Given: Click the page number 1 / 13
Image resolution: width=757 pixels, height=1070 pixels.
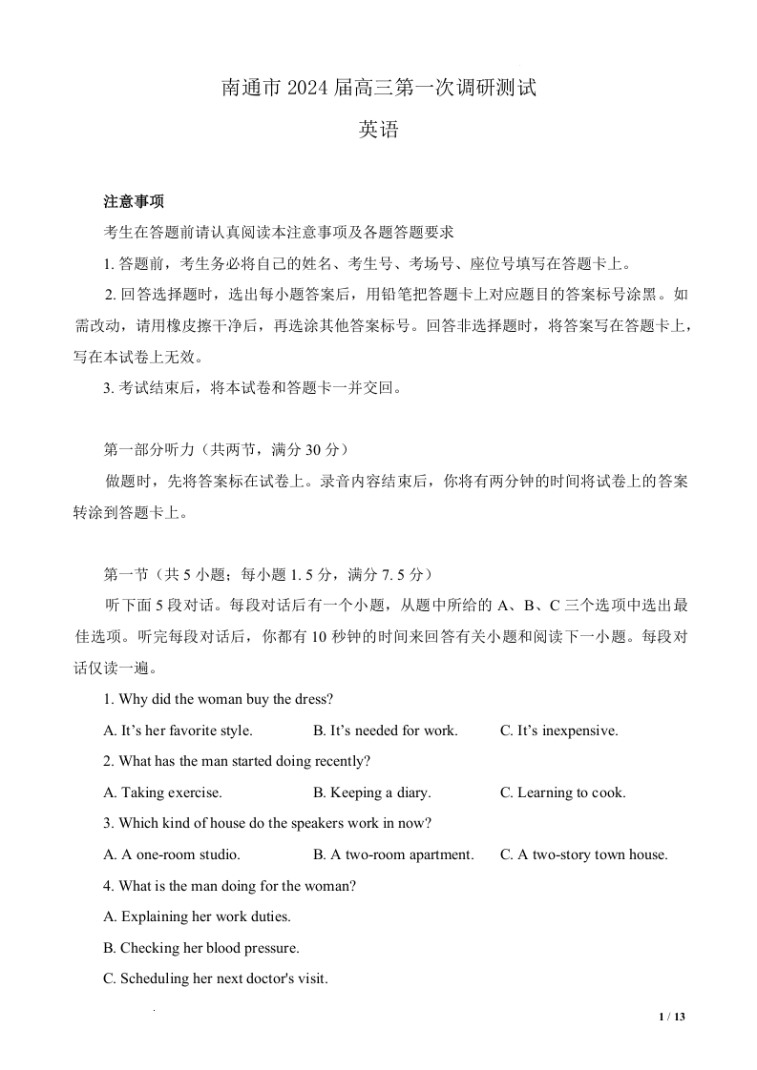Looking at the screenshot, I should [672, 1017].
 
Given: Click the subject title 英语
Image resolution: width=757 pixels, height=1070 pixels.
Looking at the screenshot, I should [378, 131].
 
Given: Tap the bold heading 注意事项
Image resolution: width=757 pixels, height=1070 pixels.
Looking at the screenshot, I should [134, 201].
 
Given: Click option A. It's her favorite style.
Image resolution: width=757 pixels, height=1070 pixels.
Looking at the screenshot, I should [178, 730].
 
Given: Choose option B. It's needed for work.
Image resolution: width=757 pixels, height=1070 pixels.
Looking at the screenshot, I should [385, 730].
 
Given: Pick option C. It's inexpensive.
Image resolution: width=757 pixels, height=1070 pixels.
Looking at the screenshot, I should [558, 730].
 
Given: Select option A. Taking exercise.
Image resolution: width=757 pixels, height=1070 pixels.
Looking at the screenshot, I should [162, 792].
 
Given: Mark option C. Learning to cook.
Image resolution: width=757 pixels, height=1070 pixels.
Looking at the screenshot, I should [562, 792].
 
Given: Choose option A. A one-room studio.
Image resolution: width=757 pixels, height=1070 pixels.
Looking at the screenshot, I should [171, 854].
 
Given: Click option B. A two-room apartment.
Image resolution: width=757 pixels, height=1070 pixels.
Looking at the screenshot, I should [393, 854].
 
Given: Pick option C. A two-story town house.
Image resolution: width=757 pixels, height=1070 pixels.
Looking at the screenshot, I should [583, 854].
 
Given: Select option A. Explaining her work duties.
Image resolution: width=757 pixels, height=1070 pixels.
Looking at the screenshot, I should [197, 916].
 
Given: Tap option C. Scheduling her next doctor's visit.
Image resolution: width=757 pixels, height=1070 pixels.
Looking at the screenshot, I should [215, 978].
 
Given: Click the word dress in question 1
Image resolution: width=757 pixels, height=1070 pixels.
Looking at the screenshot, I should [309, 699].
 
